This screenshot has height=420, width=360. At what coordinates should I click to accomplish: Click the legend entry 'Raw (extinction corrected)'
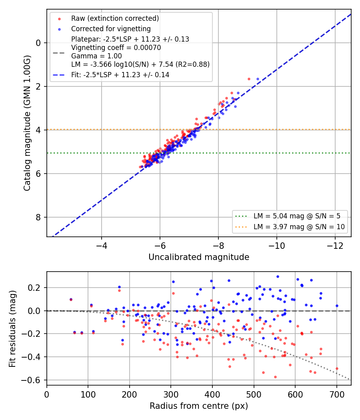pyautogui.click(x=115, y=18)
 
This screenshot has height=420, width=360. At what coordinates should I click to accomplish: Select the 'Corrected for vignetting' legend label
pyautogui.click(x=111, y=29)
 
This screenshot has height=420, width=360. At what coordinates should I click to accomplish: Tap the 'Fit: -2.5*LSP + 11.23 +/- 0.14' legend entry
pyautogui.click(x=120, y=75)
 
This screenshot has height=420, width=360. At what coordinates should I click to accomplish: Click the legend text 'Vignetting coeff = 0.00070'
pyautogui.click(x=116, y=48)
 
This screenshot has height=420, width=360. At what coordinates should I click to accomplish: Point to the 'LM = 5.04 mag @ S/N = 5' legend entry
pyautogui.click(x=297, y=216)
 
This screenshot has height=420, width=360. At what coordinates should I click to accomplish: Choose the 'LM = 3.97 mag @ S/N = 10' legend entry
pyautogui.click(x=299, y=227)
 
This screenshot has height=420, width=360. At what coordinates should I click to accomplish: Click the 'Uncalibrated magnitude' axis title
pyautogui.click(x=199, y=257)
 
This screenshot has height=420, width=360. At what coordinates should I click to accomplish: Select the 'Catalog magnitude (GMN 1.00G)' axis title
pyautogui.click(x=27, y=123)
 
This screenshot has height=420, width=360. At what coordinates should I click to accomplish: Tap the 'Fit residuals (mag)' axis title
pyautogui.click(x=12, y=329)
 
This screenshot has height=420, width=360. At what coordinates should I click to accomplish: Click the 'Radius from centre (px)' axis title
pyautogui.click(x=199, y=406)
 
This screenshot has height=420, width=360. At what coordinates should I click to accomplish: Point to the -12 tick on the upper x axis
pyautogui.click(x=335, y=246)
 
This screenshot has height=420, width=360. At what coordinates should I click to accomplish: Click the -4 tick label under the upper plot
pyautogui.click(x=102, y=246)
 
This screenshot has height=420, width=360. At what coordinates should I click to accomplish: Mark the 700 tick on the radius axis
pyautogui.click(x=337, y=394)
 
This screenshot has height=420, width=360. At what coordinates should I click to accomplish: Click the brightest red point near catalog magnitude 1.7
pyautogui.click(x=249, y=79)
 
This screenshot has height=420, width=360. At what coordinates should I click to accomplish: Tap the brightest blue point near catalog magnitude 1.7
pyautogui.click(x=258, y=79)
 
